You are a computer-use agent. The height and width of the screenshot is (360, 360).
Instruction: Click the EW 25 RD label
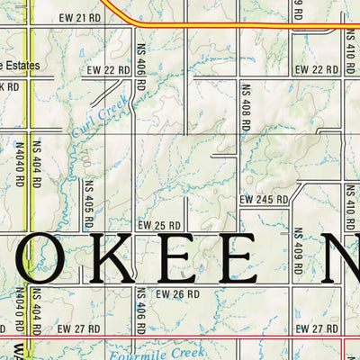(159, 224)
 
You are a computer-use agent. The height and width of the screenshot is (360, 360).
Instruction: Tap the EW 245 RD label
(264, 199)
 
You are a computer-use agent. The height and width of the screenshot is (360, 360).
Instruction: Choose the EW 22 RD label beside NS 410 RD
(316, 69)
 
